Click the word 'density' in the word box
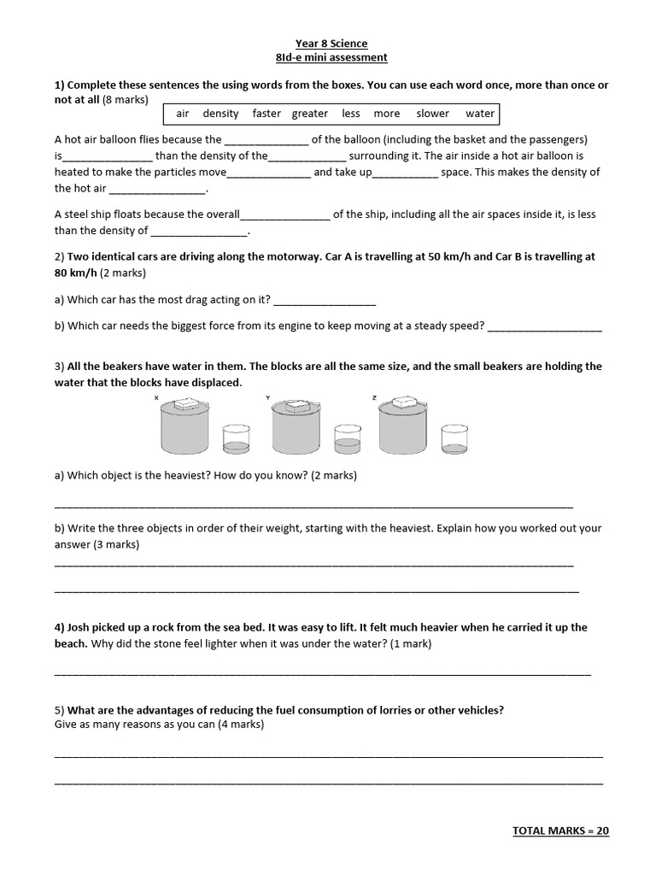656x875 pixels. (x=220, y=114)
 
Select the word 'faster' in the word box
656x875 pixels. (x=266, y=114)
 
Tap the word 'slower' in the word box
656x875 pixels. (x=432, y=114)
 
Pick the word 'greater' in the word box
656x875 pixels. (x=309, y=114)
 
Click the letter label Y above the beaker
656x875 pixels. (x=267, y=397)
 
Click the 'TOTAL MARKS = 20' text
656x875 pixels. (x=560, y=831)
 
